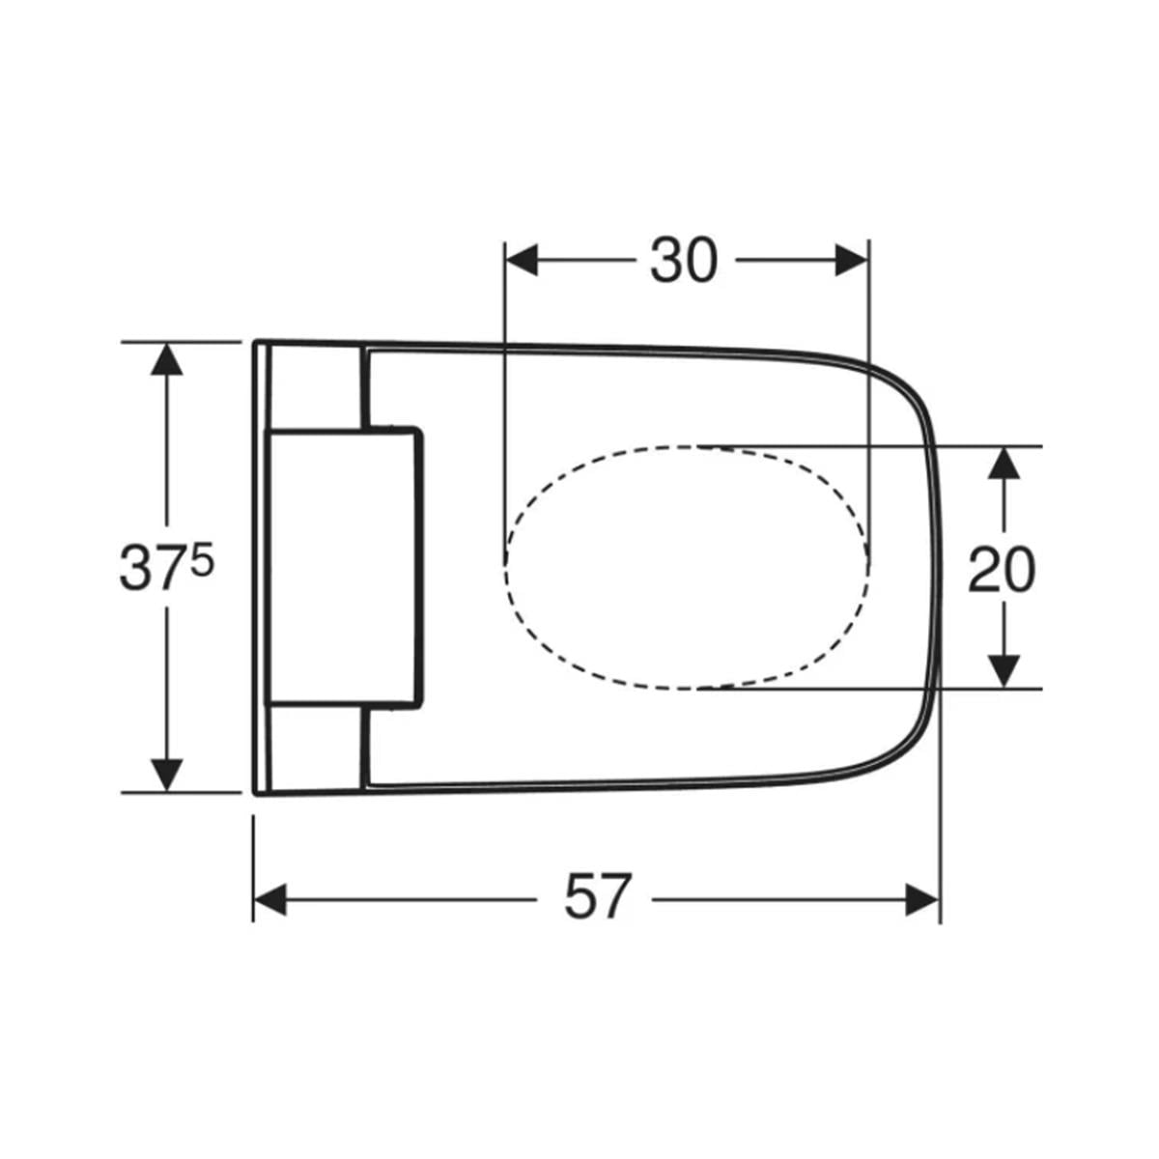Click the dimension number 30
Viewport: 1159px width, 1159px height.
click(x=684, y=261)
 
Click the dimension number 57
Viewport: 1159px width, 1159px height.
click(x=597, y=896)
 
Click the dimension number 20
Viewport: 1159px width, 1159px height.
click(x=1002, y=570)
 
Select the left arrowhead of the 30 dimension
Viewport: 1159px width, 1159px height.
click(x=521, y=261)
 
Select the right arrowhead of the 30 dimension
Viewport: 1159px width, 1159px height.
click(x=852, y=261)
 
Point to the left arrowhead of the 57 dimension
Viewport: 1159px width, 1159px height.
click(x=270, y=900)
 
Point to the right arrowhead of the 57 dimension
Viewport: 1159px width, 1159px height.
click(x=922, y=900)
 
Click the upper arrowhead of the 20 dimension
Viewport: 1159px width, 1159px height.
click(x=1004, y=464)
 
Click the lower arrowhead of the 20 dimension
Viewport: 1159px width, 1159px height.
click(x=1004, y=672)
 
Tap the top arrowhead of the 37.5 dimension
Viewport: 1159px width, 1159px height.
click(x=166, y=358)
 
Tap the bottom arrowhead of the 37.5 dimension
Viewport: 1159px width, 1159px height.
click(x=166, y=776)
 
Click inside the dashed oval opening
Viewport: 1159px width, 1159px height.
click(x=687, y=568)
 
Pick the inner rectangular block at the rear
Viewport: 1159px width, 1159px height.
click(x=344, y=566)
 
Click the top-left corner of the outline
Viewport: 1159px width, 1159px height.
click(x=254, y=342)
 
